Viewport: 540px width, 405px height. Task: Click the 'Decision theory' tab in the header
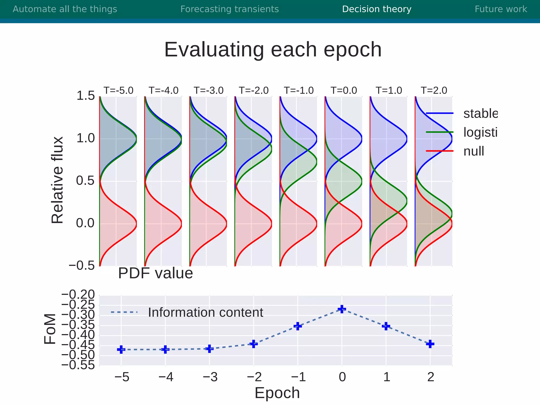(x=377, y=9)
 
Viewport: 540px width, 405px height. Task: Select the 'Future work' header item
(x=500, y=9)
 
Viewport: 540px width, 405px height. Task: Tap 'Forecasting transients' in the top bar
(x=229, y=9)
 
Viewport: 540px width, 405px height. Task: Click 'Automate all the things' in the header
(x=65, y=9)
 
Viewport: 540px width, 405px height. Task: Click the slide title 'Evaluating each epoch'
(x=273, y=50)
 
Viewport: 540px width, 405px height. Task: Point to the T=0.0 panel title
(x=344, y=90)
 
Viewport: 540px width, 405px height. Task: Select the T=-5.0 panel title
(x=118, y=90)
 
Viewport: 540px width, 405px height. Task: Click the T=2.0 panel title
(x=434, y=90)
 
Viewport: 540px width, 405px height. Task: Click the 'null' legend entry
(x=474, y=151)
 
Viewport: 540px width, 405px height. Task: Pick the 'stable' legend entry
(x=480, y=113)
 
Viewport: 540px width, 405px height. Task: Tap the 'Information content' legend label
(x=205, y=312)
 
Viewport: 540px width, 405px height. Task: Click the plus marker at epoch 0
(x=342, y=309)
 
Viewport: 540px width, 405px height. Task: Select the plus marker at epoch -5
(x=121, y=350)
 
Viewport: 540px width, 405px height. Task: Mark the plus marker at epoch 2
(x=430, y=344)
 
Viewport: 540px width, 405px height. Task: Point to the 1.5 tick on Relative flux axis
(x=85, y=96)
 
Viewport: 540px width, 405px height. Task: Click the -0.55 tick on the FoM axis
(x=78, y=365)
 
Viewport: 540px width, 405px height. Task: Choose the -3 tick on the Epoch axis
(x=210, y=377)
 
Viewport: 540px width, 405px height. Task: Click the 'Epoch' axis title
(x=277, y=393)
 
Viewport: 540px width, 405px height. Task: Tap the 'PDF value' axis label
(x=155, y=273)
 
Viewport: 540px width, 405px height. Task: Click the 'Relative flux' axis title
(x=57, y=180)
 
